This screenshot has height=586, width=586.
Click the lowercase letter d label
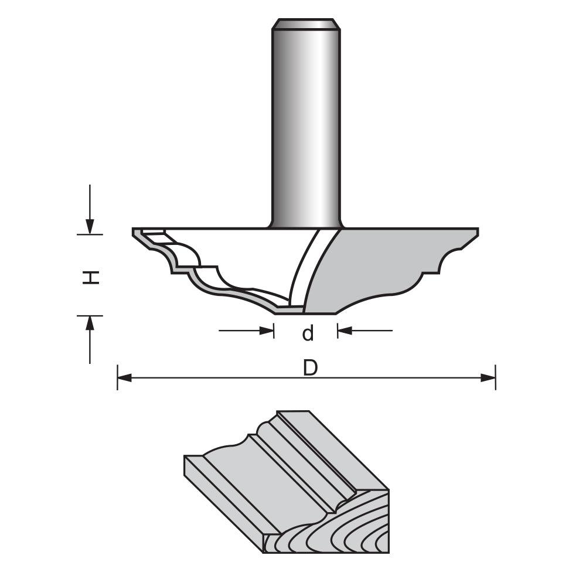pos(308,333)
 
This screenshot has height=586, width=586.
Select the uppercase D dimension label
pos(310,368)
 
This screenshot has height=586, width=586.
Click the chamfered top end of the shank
pos(306,24)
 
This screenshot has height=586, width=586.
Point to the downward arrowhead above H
pos(90,226)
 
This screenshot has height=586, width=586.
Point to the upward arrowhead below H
pos(90,323)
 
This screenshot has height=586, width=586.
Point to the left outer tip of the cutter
pos(135,231)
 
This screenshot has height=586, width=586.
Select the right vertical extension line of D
pos(496,378)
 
